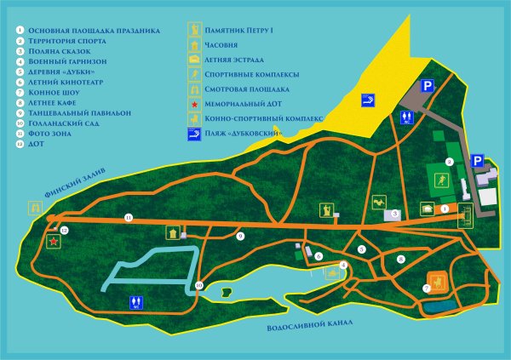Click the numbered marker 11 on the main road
coord(129,218)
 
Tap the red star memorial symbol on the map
coord(54,243)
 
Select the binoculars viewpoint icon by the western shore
coord(35,206)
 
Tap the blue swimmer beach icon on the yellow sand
coord(368,100)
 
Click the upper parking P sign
coord(428,85)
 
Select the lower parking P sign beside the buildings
coord(478,159)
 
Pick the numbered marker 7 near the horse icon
coord(426,289)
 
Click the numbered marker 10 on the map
coord(199,285)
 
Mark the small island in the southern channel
coord(225,293)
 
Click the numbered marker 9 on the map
coord(240,235)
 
